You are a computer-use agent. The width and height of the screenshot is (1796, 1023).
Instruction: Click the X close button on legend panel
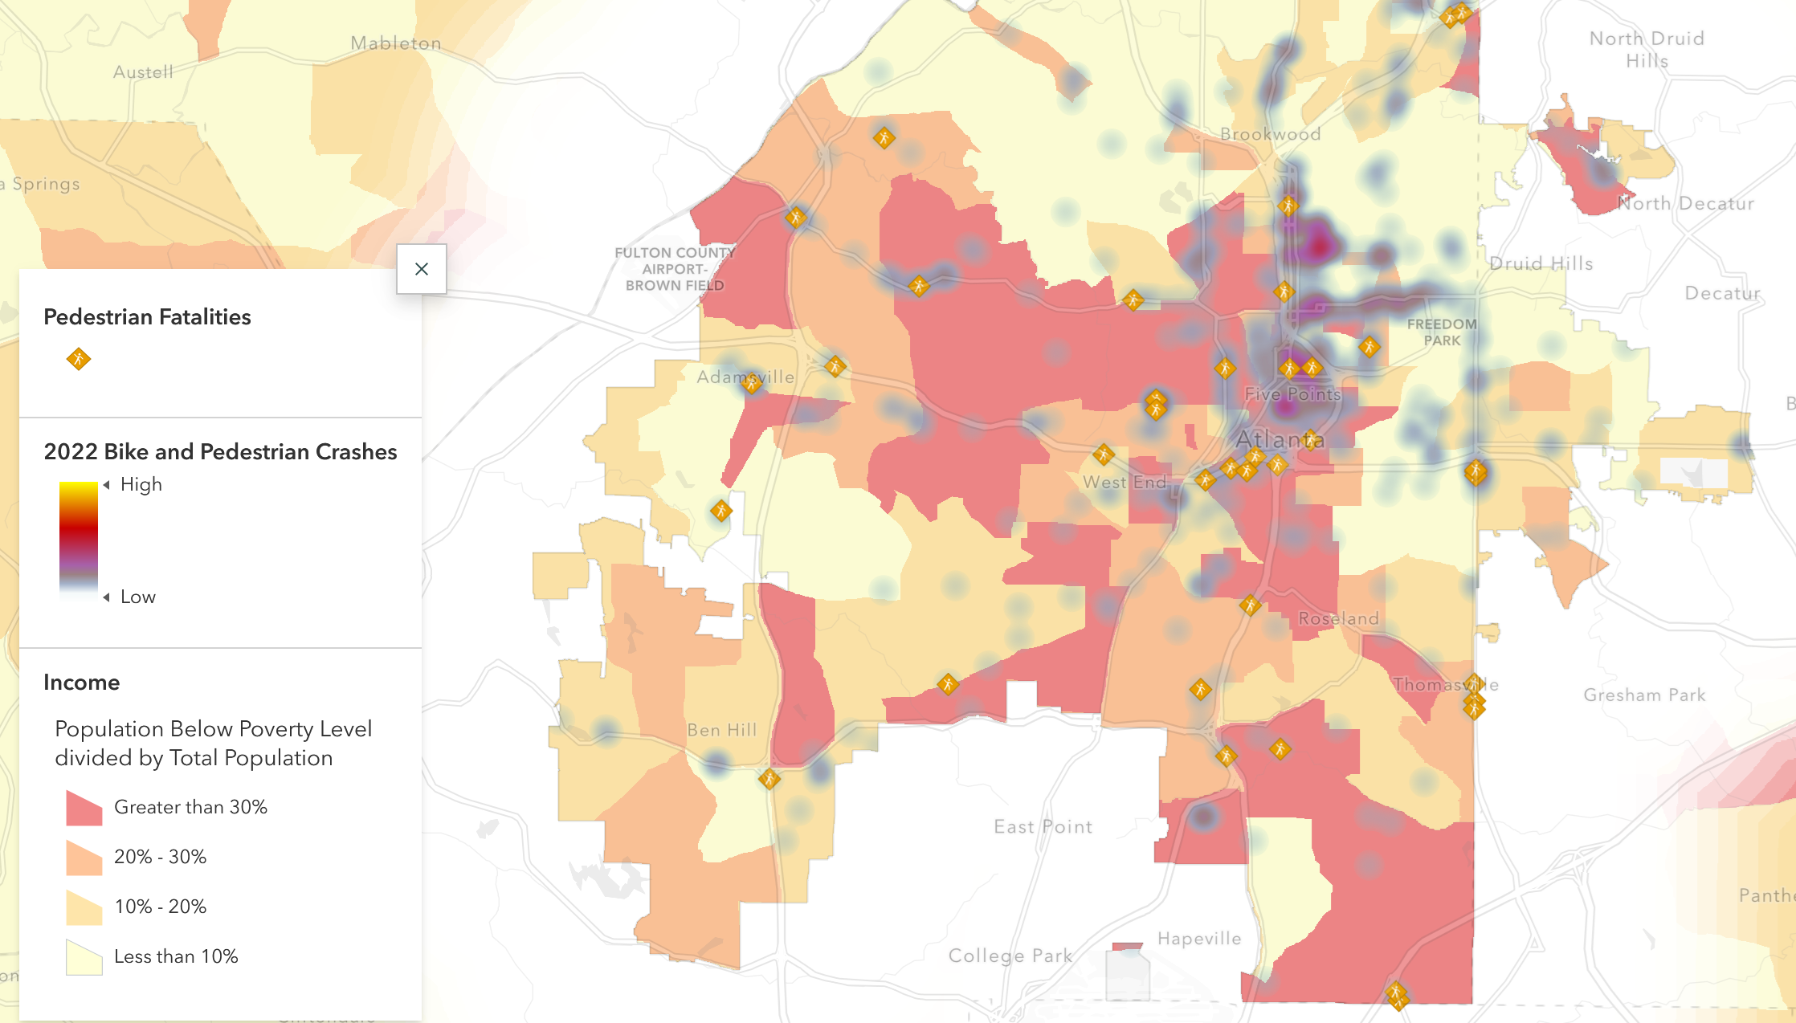[x=422, y=269]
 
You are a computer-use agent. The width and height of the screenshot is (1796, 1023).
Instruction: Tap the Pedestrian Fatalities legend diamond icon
[x=79, y=359]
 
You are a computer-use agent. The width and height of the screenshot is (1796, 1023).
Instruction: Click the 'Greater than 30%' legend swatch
[x=84, y=808]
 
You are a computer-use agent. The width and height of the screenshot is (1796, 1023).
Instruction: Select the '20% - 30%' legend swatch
[x=84, y=858]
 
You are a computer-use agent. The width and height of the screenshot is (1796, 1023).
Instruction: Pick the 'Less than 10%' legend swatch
[x=84, y=957]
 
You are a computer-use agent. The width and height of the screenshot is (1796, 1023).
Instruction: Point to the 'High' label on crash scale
[x=141, y=484]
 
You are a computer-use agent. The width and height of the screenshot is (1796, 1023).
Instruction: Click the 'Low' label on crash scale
[x=138, y=597]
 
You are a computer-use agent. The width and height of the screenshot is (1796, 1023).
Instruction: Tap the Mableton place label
[x=396, y=43]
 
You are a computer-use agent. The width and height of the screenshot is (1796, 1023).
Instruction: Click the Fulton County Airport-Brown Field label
[x=675, y=269]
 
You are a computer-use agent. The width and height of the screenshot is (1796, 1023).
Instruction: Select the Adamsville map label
[x=745, y=377]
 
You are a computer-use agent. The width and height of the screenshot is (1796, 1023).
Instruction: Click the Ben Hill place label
[x=722, y=730]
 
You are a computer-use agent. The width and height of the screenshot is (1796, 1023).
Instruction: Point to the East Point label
[x=1043, y=826]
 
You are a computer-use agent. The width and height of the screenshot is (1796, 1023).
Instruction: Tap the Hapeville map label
[x=1199, y=939]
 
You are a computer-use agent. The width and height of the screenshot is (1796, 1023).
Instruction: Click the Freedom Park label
[x=1442, y=332]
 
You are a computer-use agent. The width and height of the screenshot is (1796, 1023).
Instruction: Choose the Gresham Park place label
[x=1644, y=695]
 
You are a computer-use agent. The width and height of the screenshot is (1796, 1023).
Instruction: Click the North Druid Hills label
[x=1647, y=49]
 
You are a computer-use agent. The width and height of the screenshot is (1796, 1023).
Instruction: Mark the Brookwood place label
[x=1270, y=134]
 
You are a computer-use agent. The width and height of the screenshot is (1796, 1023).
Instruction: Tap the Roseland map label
[x=1338, y=618]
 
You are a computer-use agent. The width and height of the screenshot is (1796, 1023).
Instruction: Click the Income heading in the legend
[x=82, y=682]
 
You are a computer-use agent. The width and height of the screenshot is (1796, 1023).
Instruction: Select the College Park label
[x=1010, y=956]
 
